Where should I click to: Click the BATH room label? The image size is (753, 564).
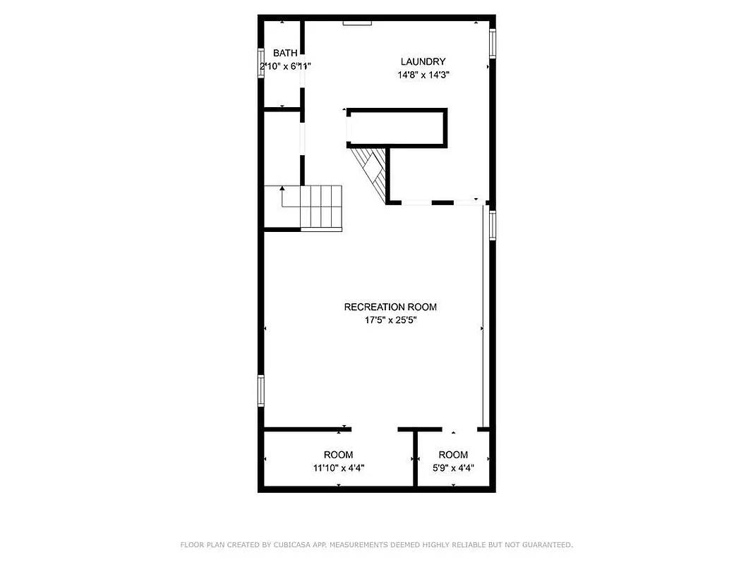285,53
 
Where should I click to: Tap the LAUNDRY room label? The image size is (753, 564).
423,61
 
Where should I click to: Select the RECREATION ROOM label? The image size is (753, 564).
390,307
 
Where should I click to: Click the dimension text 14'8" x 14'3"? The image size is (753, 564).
423,74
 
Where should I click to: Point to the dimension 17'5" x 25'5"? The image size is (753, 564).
390,319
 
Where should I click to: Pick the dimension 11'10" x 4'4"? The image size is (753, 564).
339,467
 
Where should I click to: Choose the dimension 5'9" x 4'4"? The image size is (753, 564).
453,467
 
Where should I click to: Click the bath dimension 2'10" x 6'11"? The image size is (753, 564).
285,66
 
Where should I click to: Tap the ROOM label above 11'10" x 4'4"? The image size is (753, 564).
339,455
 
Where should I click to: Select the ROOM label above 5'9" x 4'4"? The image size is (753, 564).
453,455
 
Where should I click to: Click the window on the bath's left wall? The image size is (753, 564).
260,62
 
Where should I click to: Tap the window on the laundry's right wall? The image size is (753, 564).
493,44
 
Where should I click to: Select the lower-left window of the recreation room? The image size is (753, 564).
260,390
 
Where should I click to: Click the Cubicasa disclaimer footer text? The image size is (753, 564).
376,544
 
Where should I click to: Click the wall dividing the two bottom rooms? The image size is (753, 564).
415,458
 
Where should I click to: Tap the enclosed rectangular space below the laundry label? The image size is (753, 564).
397,128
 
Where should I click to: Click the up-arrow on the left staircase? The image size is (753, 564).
282,189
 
